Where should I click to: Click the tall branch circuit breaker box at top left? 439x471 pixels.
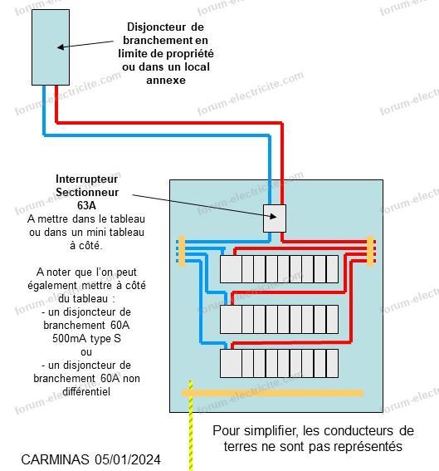pyautogui.click(x=51, y=47)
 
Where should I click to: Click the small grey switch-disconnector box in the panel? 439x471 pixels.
pyautogui.click(x=275, y=218)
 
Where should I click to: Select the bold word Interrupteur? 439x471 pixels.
pyautogui.click(x=86, y=179)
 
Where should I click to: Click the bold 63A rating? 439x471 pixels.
pyautogui.click(x=86, y=205)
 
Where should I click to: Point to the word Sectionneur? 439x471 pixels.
pyautogui.click(x=87, y=192)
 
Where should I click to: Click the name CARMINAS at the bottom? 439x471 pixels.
pyautogui.click(x=56, y=459)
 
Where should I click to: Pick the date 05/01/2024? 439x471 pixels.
pyautogui.click(x=128, y=459)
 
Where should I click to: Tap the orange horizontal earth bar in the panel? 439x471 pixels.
pyautogui.click(x=272, y=393)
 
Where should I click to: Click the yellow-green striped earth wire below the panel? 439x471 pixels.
pyautogui.click(x=191, y=425)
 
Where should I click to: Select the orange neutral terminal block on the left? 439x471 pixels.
pyautogui.click(x=182, y=251)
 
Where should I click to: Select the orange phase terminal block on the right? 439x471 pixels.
pyautogui.click(x=370, y=251)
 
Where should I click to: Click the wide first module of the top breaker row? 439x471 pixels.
pyautogui.click(x=231, y=269)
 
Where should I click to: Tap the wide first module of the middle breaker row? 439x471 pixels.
pyautogui.click(x=231, y=319)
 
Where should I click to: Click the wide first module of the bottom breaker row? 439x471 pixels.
pyautogui.click(x=231, y=363)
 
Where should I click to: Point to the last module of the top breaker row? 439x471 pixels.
pyautogui.click(x=332, y=269)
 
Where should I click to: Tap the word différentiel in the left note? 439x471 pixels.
pyautogui.click(x=86, y=392)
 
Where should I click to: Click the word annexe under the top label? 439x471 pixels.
pyautogui.click(x=166, y=81)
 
